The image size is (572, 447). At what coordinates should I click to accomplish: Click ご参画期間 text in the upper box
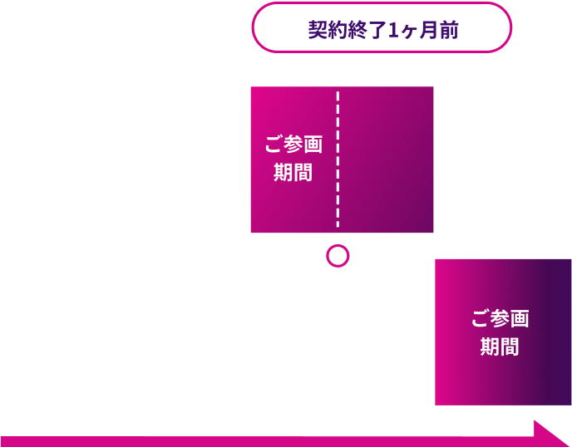click(293, 158)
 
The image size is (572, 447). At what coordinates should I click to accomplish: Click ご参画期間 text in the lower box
click(500, 332)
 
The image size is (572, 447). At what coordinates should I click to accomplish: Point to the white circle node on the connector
click(338, 255)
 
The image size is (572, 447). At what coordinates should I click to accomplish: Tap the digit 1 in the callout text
click(394, 30)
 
